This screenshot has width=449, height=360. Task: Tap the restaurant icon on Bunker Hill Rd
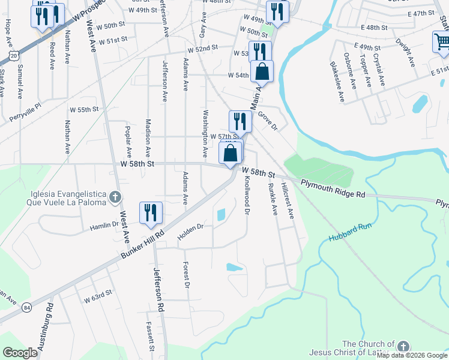[x=150, y=213]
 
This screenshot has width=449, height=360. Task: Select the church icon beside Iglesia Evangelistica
[x=116, y=197]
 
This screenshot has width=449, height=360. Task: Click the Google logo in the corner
[x=20, y=352]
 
